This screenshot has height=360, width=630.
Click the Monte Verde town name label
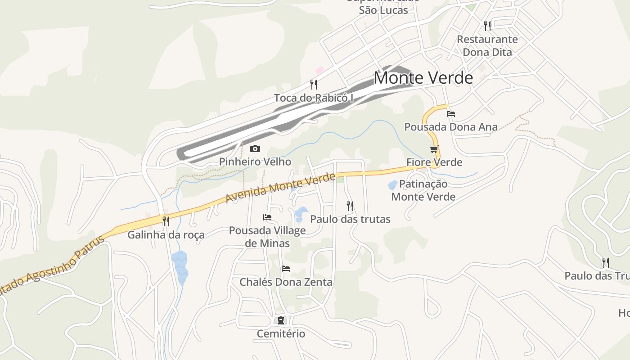pyautogui.click(x=423, y=78)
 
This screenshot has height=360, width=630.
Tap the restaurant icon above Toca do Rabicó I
pyautogui.click(x=314, y=84)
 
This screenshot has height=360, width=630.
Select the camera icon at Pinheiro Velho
pyautogui.click(x=255, y=148)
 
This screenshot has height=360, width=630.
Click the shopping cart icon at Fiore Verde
pyautogui.click(x=434, y=149)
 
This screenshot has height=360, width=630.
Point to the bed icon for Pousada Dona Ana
pyautogui.click(x=451, y=113)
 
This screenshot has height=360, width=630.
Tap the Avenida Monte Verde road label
pyautogui.click(x=280, y=188)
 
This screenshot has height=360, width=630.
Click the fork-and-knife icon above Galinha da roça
pyautogui.click(x=166, y=221)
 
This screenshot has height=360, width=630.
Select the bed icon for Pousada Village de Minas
pyautogui.click(x=267, y=217)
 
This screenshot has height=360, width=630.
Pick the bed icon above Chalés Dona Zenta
pyautogui.click(x=286, y=269)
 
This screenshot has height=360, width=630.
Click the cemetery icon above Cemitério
pyautogui.click(x=281, y=320)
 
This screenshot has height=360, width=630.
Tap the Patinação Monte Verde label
pyautogui.click(x=423, y=190)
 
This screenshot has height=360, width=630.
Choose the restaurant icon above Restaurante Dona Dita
pyautogui.click(x=487, y=26)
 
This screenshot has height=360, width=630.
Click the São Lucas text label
pyautogui.click(x=383, y=10)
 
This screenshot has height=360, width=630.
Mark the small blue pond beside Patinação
pyautogui.click(x=392, y=185)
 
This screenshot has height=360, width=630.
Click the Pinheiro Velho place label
pyautogui.click(x=255, y=162)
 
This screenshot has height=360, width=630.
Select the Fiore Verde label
pyautogui.click(x=434, y=162)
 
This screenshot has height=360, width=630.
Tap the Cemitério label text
pyautogui.click(x=281, y=334)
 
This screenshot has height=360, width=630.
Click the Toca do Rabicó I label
pyautogui.click(x=314, y=98)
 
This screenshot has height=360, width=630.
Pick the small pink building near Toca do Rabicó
pyautogui.click(x=320, y=70)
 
